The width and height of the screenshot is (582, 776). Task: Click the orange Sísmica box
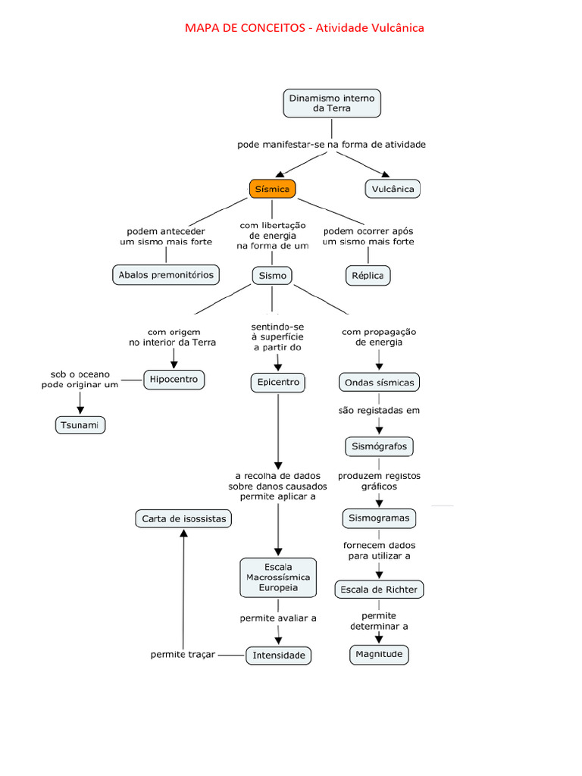pyautogui.click(x=272, y=189)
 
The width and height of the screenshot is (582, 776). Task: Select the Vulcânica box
pyautogui.click(x=393, y=189)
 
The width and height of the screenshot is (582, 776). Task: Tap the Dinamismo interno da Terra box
pyautogui.click(x=332, y=103)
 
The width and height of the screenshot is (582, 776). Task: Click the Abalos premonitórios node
pyautogui.click(x=167, y=274)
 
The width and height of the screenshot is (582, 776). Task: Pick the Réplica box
pyautogui.click(x=368, y=275)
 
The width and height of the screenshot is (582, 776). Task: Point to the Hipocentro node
pyautogui.click(x=174, y=379)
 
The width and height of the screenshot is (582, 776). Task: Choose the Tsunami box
pyautogui.click(x=80, y=425)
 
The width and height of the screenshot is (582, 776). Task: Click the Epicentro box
pyautogui.click(x=278, y=383)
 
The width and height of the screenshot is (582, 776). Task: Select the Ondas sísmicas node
pyautogui.click(x=379, y=383)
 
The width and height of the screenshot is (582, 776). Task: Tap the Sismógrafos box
pyautogui.click(x=379, y=446)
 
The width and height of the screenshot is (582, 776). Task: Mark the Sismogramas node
pyautogui.click(x=379, y=519)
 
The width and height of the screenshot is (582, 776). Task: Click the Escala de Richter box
pyautogui.click(x=379, y=589)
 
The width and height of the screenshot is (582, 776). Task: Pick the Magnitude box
pyautogui.click(x=379, y=654)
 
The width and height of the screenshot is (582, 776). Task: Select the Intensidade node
pyautogui.click(x=278, y=655)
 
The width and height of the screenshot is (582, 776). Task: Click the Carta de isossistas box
pyautogui.click(x=183, y=519)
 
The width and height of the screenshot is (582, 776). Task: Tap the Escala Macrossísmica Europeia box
pyautogui.click(x=277, y=577)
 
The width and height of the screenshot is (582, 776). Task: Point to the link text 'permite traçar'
pyautogui.click(x=183, y=655)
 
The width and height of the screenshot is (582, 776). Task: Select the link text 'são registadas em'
pyautogui.click(x=379, y=411)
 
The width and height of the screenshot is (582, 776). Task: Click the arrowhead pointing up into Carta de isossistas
pyautogui.click(x=183, y=534)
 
